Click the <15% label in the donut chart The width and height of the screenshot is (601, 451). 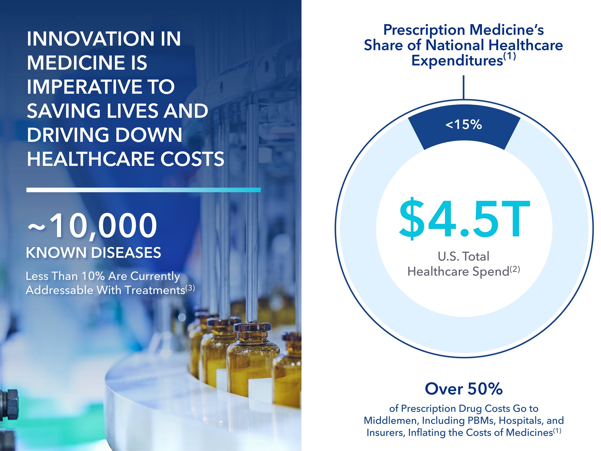click(464, 125)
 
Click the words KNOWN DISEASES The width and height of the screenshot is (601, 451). click(93, 252)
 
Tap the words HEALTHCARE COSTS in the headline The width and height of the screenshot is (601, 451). click(125, 159)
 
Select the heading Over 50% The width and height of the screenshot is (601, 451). click(464, 389)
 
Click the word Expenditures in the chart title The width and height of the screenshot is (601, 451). click(457, 61)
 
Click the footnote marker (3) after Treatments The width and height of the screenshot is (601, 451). click(190, 288)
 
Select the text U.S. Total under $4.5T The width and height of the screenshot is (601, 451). click(464, 256)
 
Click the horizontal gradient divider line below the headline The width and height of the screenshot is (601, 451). click(143, 190)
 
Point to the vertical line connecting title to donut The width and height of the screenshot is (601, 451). click(464, 87)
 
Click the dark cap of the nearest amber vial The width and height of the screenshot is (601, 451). click(252, 327)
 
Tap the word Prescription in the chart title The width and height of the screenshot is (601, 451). click(424, 30)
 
